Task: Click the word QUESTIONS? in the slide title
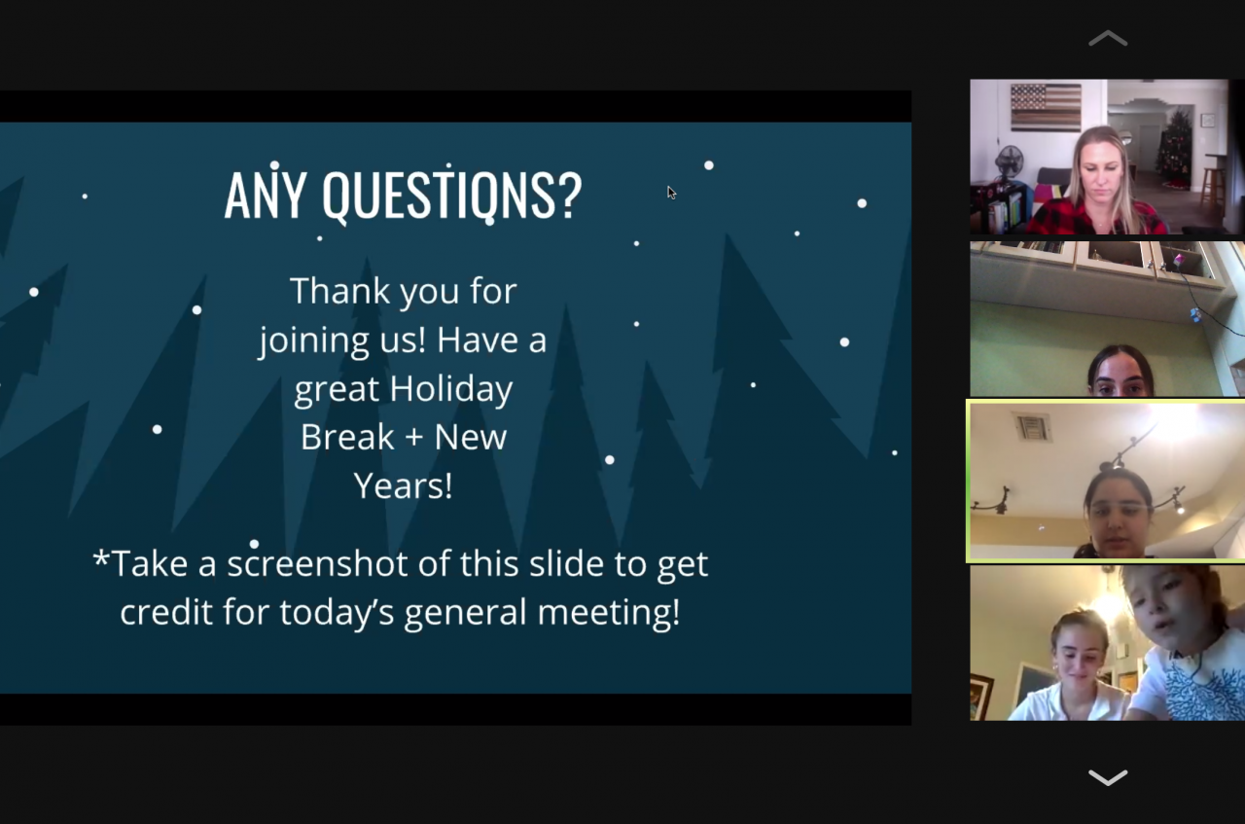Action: (x=452, y=196)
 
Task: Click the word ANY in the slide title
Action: (x=266, y=196)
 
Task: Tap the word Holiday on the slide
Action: (x=450, y=388)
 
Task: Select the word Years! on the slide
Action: (x=404, y=485)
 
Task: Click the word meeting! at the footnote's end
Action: (x=609, y=613)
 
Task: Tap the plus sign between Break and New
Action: (x=414, y=438)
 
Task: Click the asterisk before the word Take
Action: (x=100, y=557)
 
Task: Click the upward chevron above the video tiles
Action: (x=1108, y=38)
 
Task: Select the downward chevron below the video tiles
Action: (x=1108, y=777)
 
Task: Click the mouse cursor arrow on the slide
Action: (x=671, y=193)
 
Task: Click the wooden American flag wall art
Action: (x=1046, y=107)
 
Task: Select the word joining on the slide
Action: (x=314, y=340)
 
